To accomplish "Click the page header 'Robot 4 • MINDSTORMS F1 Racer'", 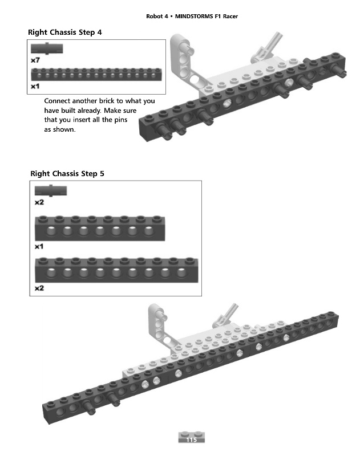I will (192, 17).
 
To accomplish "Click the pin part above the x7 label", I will (47, 48).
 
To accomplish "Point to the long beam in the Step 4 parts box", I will (96, 74).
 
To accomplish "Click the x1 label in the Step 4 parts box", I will (35, 87).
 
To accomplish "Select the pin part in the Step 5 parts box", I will (51, 192).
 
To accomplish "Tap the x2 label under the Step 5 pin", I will (39, 202).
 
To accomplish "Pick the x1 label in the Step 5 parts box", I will (39, 247).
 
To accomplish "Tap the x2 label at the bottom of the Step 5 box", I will (39, 289).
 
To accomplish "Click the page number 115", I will (191, 440).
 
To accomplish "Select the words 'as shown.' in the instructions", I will (60, 130).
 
